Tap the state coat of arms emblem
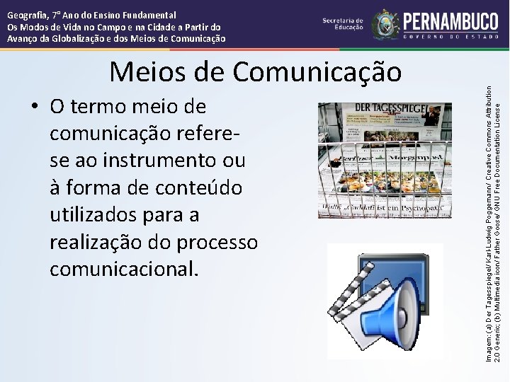(385, 23)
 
